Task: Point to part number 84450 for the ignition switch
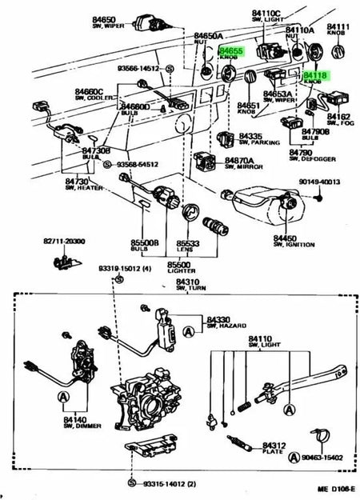(x=284, y=238)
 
